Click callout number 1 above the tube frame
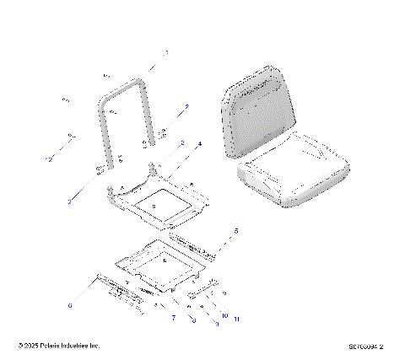point(166,52)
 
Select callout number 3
point(181,144)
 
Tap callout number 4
point(199,145)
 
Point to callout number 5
point(235,230)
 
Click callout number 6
point(70,305)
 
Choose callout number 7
point(173,318)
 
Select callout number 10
point(224,315)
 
